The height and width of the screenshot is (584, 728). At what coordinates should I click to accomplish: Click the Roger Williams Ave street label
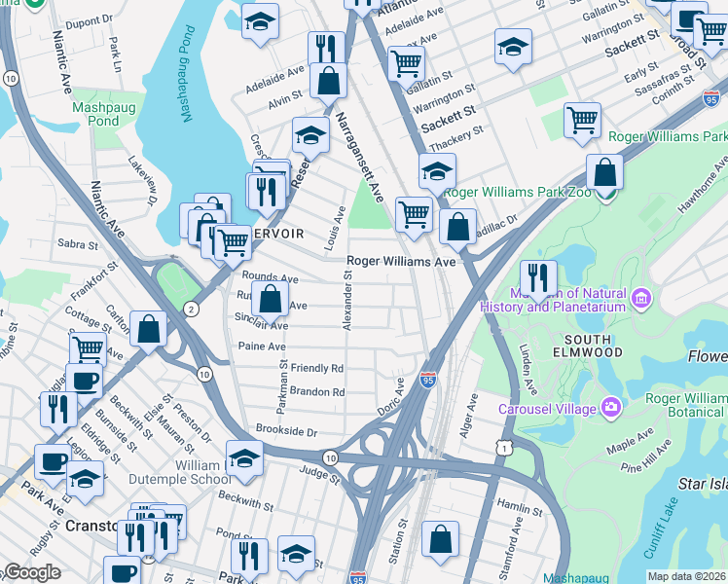402,262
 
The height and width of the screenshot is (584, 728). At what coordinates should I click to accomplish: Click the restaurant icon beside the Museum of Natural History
538,277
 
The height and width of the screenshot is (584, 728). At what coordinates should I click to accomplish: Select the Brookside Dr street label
286,429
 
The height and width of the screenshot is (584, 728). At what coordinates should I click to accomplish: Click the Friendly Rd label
317,369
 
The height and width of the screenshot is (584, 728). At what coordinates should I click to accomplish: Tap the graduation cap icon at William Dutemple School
243,456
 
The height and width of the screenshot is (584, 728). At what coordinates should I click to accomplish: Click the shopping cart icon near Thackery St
581,121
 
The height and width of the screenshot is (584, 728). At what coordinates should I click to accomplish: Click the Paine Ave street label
262,346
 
